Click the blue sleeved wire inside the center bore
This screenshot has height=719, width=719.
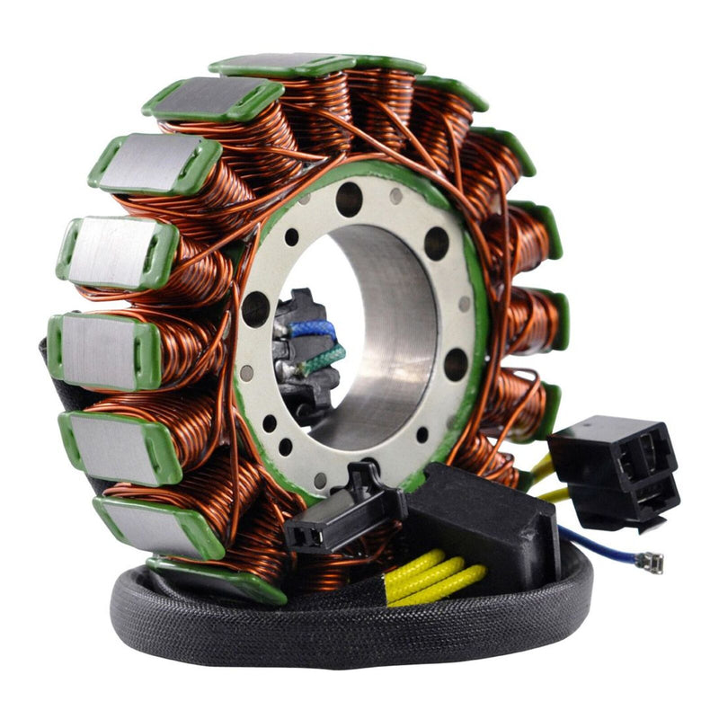[314, 330]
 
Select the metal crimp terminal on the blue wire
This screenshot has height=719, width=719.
[649, 563]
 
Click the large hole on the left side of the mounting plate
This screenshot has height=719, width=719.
[255, 311]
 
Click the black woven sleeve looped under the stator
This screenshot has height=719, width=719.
[270, 629]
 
